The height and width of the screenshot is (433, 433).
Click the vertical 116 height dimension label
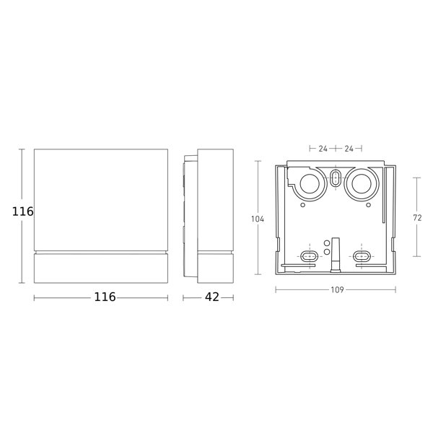click(22, 211)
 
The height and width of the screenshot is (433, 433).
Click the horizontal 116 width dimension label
click(105, 297)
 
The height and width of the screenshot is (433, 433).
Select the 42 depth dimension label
click(212, 297)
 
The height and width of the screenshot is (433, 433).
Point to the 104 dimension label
click(258, 219)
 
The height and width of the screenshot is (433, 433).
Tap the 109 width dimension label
click(337, 289)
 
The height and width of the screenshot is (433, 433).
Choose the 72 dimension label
click(417, 218)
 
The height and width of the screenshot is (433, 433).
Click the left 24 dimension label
click(323, 149)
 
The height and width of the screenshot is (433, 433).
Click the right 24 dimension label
click(349, 149)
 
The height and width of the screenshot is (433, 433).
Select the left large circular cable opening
click(310, 183)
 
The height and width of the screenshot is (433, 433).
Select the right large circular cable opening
click(362, 183)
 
